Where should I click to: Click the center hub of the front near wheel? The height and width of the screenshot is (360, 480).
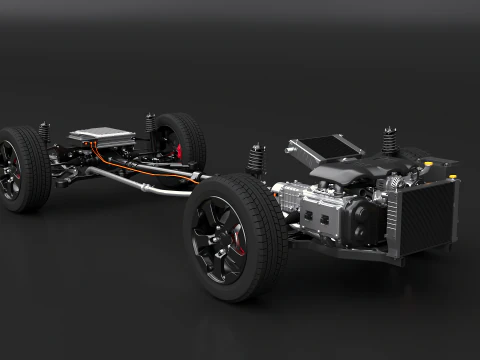click(218, 238)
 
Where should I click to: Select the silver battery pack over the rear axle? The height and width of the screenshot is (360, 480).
click(102, 135)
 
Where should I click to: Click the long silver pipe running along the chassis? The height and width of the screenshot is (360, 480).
click(140, 181)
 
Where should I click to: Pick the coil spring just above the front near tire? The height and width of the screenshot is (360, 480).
click(257, 159)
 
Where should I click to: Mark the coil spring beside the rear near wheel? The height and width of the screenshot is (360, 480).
click(44, 133)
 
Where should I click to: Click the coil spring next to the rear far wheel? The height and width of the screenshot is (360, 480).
click(150, 124)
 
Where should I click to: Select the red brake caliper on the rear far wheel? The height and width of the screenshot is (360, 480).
click(180, 152)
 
